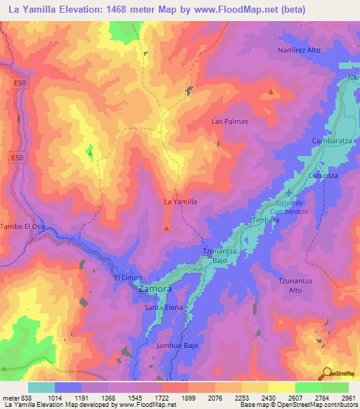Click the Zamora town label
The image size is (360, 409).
[x=154, y=289]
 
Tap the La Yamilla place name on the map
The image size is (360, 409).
[x=179, y=202]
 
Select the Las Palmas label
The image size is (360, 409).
[x=230, y=121]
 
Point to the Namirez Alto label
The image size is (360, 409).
[x=299, y=51]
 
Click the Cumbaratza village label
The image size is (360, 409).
[x=331, y=141]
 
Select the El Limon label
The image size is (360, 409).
[x=128, y=278]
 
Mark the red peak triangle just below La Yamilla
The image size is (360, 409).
[x=167, y=227]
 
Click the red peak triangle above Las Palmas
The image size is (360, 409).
[x=272, y=91]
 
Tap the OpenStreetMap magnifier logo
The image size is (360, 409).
[x=328, y=373]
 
